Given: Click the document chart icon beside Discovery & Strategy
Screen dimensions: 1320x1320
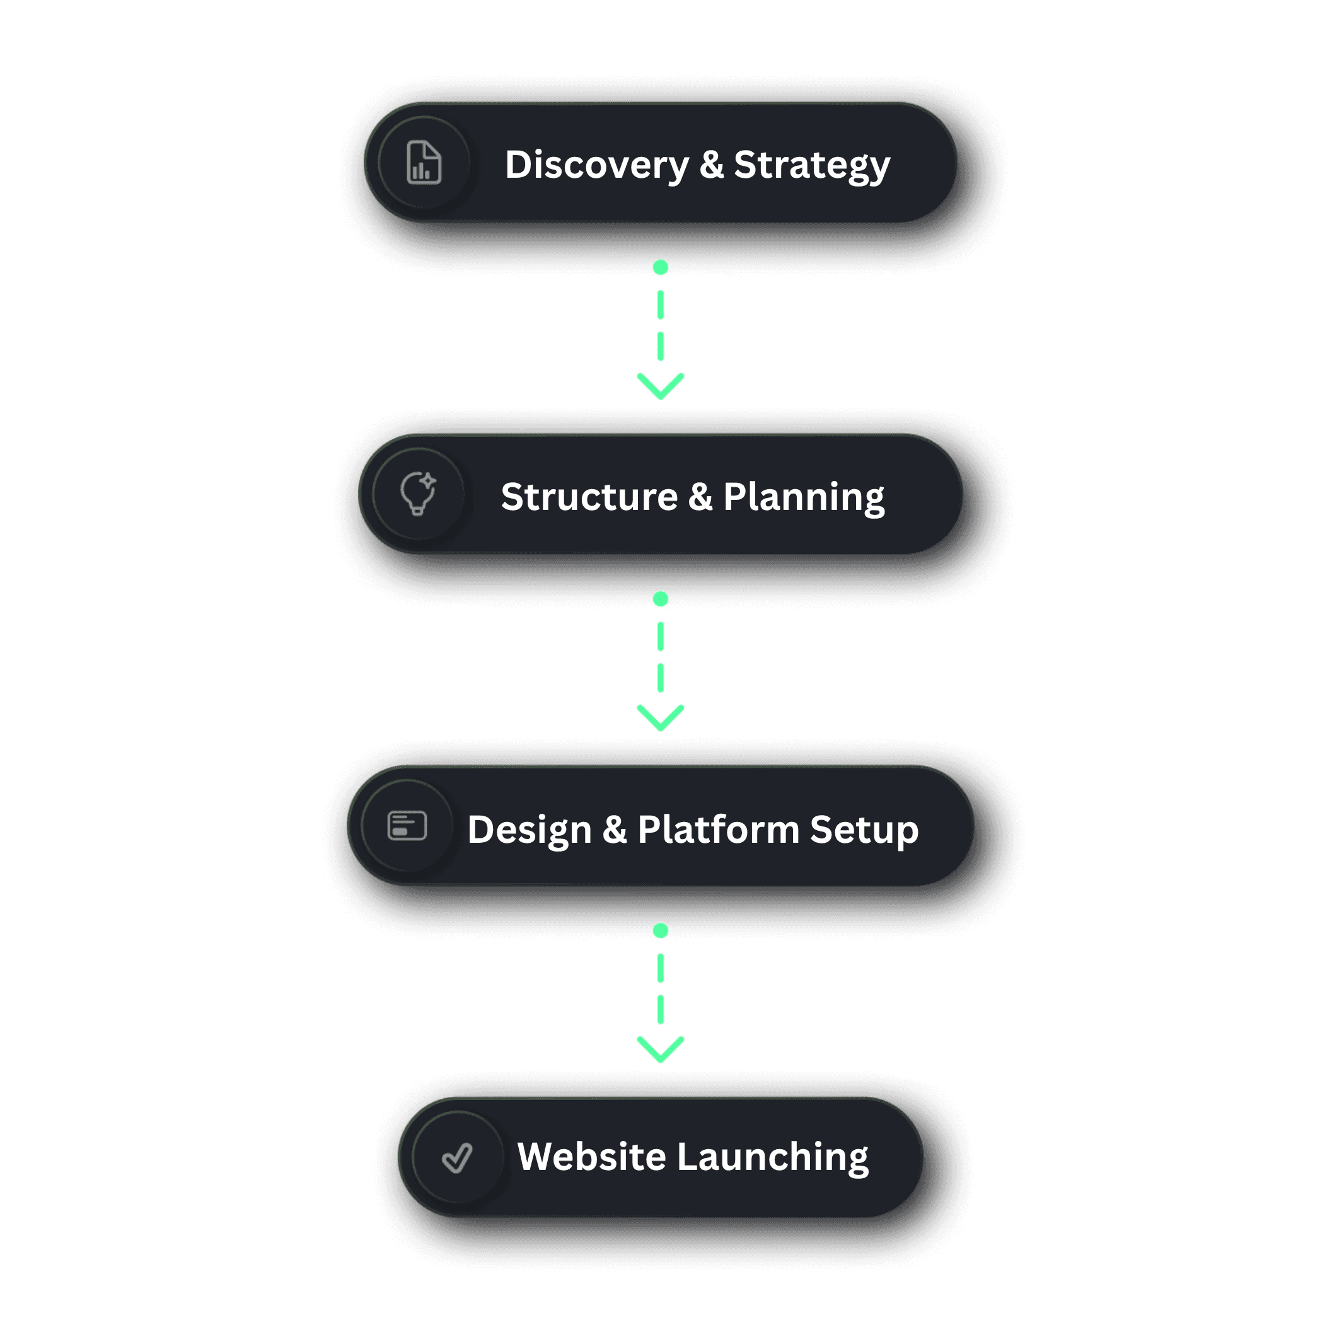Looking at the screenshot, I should [x=424, y=163].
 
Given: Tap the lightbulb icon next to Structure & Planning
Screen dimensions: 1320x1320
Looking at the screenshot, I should [x=418, y=494].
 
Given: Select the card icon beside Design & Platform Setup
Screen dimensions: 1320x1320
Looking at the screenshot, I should [x=407, y=825].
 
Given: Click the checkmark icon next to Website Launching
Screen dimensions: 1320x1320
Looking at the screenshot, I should [x=457, y=1157].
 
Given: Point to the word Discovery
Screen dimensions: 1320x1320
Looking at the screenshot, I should [x=597, y=165].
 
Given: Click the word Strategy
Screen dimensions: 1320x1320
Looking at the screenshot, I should [x=812, y=165].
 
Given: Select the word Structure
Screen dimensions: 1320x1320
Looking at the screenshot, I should [x=589, y=497].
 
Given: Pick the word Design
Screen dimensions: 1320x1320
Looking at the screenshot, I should [x=530, y=830].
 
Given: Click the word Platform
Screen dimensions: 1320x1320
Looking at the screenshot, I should [x=718, y=830].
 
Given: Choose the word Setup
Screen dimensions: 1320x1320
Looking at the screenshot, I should [x=864, y=830].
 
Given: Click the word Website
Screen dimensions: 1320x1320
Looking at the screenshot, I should [x=592, y=1157].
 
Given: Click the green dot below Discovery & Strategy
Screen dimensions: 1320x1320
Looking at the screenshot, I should [x=661, y=267].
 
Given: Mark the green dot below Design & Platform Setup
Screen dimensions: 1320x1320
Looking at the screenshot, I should [x=661, y=930].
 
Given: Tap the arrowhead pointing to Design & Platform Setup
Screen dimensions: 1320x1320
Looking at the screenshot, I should [x=661, y=719].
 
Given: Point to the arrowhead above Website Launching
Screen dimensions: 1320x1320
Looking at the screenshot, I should [x=661, y=1050].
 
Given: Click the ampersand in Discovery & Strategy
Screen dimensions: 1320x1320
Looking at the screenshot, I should [x=711, y=165].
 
